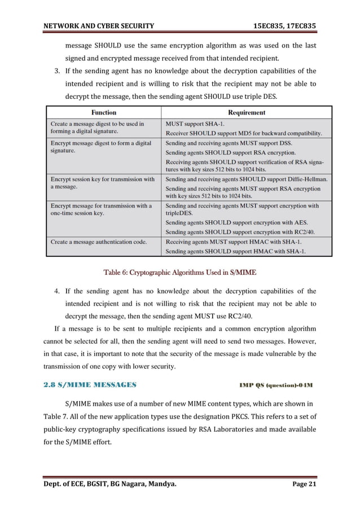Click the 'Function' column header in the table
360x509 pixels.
104,112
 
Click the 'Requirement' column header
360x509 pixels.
247,112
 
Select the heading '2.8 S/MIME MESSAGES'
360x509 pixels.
89,385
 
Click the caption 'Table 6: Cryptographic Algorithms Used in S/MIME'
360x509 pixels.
180,273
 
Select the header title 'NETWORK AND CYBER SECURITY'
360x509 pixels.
94,10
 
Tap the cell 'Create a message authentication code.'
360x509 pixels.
99,242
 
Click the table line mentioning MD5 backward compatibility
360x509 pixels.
244,133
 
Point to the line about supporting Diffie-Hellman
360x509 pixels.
246,179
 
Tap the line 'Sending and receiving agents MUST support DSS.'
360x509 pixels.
229,143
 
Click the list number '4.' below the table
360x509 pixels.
58,291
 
